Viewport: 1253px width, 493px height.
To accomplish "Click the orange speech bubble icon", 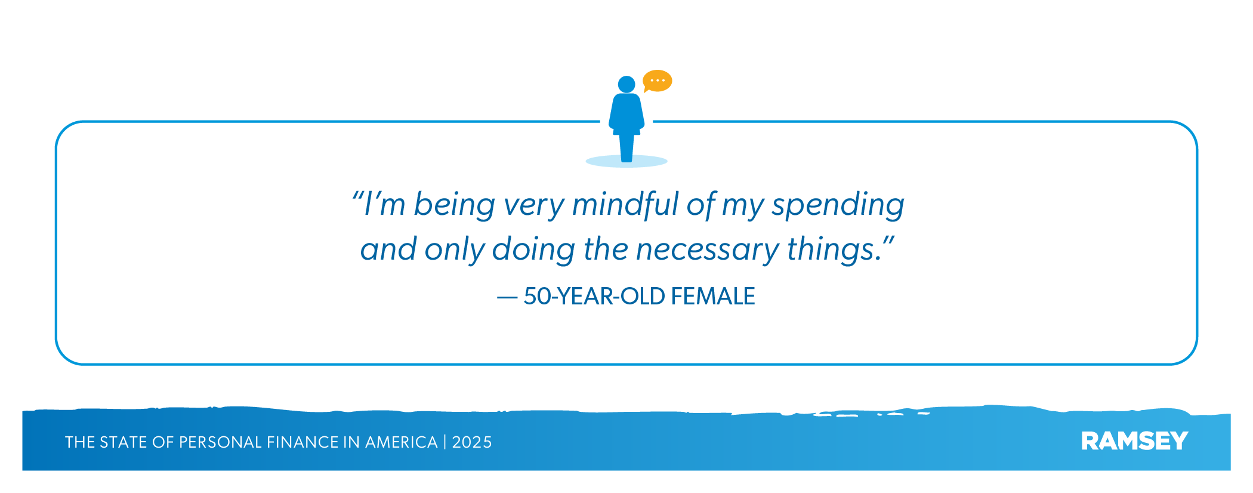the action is point(657,81).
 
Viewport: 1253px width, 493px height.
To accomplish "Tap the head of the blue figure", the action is point(626,84).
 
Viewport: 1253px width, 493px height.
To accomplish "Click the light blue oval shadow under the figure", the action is point(626,161).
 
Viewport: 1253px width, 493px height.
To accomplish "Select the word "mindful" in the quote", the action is point(625,204).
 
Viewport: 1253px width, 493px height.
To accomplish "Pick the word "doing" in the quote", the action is point(533,249).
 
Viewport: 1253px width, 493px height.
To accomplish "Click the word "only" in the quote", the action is point(454,249).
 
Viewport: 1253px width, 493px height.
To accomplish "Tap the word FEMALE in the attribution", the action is point(713,297).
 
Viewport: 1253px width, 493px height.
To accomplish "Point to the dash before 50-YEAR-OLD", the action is point(507,297).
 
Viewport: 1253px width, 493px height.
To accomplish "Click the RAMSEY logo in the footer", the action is point(1134,441).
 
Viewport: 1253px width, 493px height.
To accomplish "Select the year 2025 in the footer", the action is point(471,442).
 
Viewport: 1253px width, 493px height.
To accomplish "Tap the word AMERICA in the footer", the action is point(401,442).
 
